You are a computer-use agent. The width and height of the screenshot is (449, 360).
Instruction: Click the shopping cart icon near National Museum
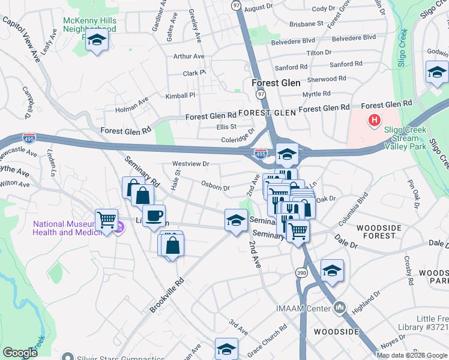tap(106, 220)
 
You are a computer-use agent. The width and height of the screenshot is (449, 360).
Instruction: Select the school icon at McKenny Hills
tap(96, 41)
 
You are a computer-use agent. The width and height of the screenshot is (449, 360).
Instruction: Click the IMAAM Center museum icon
tap(340, 308)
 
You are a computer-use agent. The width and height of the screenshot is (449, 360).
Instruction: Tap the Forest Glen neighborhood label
tap(276, 83)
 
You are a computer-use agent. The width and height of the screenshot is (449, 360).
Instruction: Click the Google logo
tap(20, 353)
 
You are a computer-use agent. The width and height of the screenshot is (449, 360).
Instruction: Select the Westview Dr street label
tap(190, 163)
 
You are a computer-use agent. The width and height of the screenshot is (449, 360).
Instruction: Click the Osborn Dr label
tap(215, 187)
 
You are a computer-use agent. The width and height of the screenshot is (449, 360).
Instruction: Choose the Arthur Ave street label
tap(188, 56)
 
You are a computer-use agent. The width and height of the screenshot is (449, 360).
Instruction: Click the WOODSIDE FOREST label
tap(384, 232)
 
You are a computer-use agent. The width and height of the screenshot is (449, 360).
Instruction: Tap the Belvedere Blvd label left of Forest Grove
tap(292, 40)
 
